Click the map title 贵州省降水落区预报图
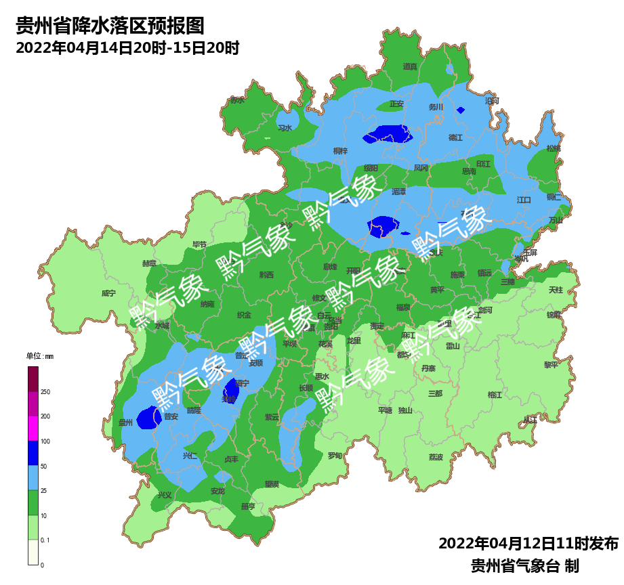pyautogui.click(x=110, y=26)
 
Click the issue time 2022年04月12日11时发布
pyautogui.click(x=528, y=544)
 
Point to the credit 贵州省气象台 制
pyautogui.click(x=524, y=565)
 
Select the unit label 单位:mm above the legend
pyautogui.click(x=39, y=356)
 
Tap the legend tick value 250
pyautogui.click(x=45, y=392)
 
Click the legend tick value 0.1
pyautogui.click(x=45, y=540)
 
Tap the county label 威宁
pyautogui.click(x=108, y=293)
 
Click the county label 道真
pyautogui.click(x=410, y=66)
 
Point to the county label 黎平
pyautogui.click(x=551, y=364)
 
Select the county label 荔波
pyautogui.click(x=436, y=457)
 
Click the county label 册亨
pyautogui.click(x=248, y=506)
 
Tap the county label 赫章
pyautogui.click(x=149, y=263)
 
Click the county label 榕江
pyautogui.click(x=495, y=394)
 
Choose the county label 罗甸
pyautogui.click(x=335, y=455)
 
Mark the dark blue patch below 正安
pyautogui.click(x=388, y=135)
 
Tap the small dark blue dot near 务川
pyautogui.click(x=461, y=110)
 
